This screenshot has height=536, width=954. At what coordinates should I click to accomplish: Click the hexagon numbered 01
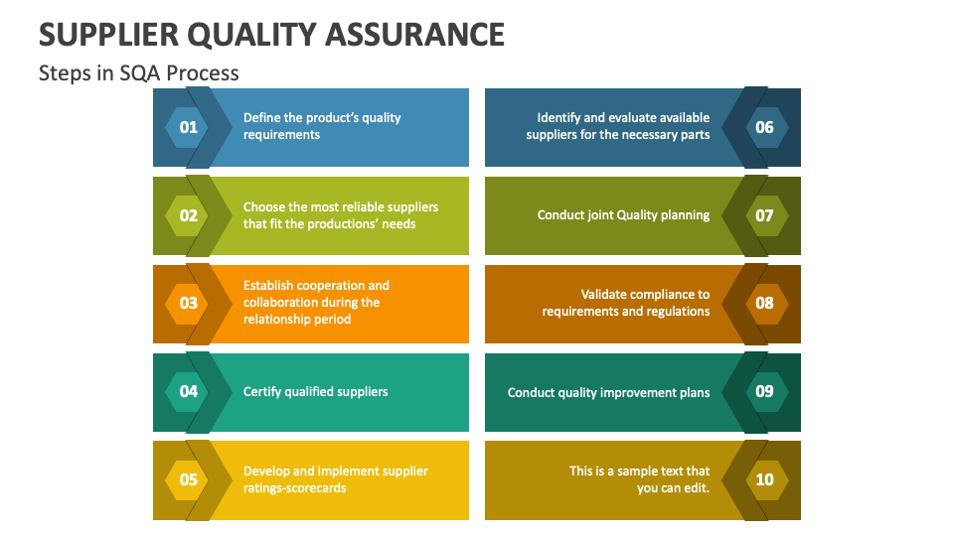188,127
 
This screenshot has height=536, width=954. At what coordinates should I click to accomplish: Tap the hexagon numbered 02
188,215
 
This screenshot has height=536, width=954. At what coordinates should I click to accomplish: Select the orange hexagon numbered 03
188,304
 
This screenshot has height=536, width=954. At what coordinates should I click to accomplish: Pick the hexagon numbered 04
188,391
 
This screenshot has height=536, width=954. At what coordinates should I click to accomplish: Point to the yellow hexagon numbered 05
188,480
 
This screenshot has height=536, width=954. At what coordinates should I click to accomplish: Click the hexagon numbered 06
764,127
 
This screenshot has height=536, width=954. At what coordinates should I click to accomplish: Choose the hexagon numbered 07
764,215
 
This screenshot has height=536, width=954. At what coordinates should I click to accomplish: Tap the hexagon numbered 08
764,304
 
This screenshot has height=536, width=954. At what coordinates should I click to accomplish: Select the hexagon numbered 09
764,391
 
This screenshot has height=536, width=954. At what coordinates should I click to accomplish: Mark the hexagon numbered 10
764,480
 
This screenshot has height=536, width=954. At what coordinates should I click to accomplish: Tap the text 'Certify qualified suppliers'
315,392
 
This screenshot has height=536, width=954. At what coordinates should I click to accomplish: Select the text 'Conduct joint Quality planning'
623,215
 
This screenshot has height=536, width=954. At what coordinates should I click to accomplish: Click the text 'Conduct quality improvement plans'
608,392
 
